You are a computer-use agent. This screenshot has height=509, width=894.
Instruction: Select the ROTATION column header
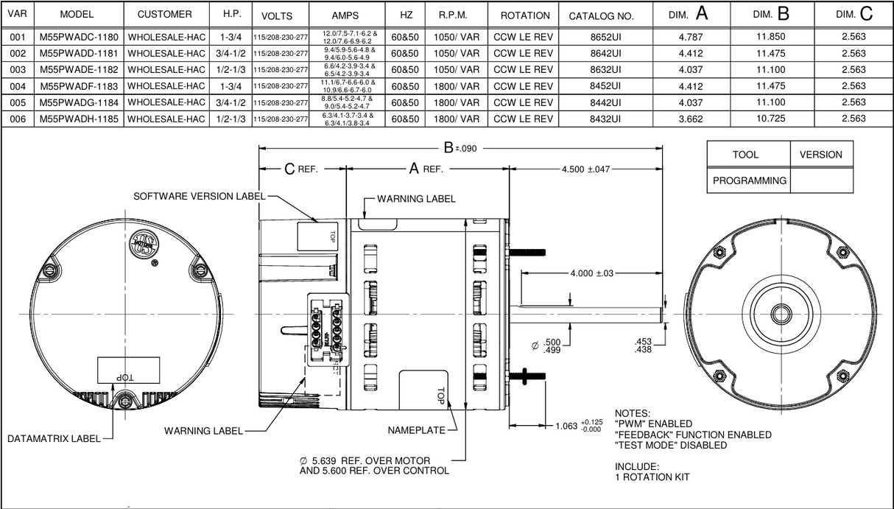click(524, 15)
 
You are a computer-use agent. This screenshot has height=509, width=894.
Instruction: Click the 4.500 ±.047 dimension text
click(585, 169)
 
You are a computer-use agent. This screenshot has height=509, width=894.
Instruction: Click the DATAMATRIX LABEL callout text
click(53, 439)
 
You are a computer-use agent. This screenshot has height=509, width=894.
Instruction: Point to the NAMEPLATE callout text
click(417, 430)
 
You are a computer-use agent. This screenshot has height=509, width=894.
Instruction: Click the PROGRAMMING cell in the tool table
click(749, 180)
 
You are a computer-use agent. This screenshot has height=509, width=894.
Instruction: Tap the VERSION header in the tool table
click(820, 155)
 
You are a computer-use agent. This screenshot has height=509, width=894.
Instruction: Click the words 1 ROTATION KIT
click(652, 477)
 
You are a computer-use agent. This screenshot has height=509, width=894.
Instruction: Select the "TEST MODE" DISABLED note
click(670, 445)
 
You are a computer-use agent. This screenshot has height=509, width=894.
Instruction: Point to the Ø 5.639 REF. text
click(365, 461)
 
